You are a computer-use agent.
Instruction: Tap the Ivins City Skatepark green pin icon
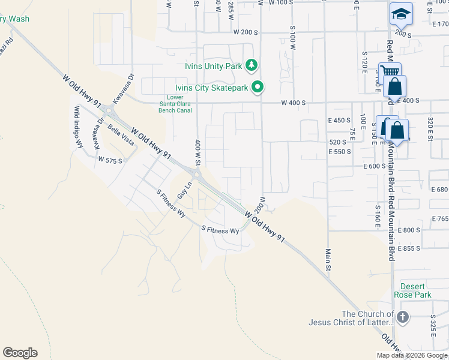(x=258, y=88)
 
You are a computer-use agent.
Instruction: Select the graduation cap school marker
(x=401, y=13)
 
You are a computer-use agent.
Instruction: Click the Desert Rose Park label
(x=412, y=290)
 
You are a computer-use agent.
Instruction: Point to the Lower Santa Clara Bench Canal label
(x=175, y=104)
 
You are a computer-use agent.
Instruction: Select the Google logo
(x=20, y=353)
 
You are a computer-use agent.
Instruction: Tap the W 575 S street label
(x=110, y=161)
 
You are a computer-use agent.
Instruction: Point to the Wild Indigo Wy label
(x=78, y=127)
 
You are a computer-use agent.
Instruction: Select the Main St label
(x=328, y=259)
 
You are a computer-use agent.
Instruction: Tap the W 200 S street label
(x=246, y=31)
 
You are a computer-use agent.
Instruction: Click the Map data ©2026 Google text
(x=412, y=355)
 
